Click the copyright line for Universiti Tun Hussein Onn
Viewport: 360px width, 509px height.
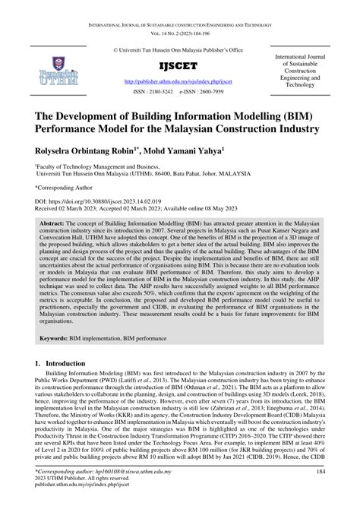click(179, 50)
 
